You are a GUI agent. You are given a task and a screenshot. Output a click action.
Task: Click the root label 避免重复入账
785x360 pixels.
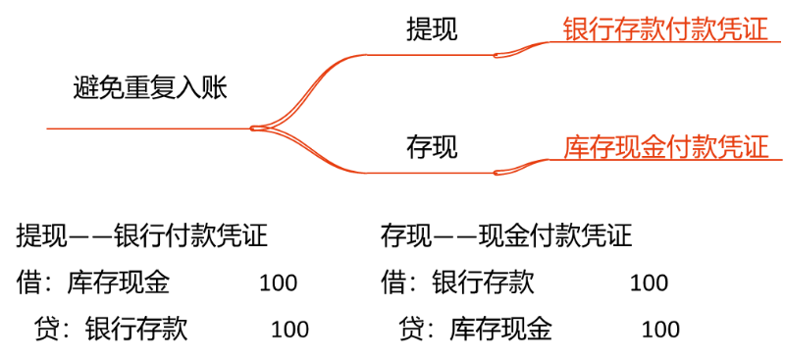(x=150, y=89)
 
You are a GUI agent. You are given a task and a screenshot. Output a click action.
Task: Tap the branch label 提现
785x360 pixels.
(x=432, y=30)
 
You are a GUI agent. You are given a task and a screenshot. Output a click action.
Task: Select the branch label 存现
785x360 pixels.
(x=432, y=147)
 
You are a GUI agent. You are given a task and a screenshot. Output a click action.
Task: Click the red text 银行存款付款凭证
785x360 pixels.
(x=666, y=29)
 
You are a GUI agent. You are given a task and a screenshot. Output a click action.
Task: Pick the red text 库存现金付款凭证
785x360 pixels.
(x=666, y=147)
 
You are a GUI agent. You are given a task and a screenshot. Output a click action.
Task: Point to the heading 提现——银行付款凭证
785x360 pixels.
(x=142, y=236)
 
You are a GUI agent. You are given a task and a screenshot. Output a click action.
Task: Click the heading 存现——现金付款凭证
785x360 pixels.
(x=506, y=236)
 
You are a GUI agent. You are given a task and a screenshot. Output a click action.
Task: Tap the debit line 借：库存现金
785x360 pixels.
(x=93, y=283)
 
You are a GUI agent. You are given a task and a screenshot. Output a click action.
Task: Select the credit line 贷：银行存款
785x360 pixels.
(x=111, y=330)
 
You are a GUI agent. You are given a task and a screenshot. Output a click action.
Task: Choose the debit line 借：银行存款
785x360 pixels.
(x=457, y=283)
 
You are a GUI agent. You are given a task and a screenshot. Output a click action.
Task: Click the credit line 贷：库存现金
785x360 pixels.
(x=476, y=330)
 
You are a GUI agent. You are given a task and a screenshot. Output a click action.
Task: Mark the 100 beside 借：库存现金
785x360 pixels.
(x=279, y=283)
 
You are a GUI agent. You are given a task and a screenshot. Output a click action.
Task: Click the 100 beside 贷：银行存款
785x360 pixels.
(x=289, y=330)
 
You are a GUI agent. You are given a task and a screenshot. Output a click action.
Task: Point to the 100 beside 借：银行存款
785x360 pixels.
(x=649, y=283)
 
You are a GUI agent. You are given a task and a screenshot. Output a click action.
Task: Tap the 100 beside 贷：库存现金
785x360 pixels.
(x=660, y=330)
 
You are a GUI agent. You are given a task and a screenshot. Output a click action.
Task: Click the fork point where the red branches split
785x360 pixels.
(x=253, y=129)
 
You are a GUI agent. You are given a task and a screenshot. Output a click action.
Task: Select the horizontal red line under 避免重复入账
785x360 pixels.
(x=149, y=129)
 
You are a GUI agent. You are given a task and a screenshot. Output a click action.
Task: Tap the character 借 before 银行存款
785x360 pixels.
(x=392, y=283)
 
